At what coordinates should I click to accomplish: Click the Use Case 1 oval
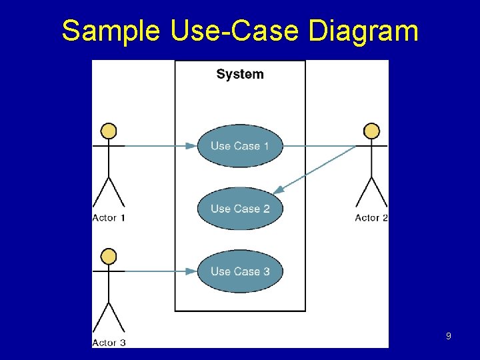point(240,146)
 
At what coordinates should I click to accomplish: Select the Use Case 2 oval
point(240,209)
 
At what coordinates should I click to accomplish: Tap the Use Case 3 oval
point(240,271)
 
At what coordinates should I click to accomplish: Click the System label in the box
point(240,74)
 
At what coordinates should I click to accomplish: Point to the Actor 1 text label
point(109,218)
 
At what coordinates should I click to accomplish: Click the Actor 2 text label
point(371,218)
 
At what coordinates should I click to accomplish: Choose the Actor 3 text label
point(109,343)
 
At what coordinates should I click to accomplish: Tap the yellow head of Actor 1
point(109,131)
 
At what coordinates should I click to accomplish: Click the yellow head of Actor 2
point(372,131)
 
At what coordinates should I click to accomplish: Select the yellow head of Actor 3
point(109,256)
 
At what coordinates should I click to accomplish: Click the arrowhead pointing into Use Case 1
point(191,145)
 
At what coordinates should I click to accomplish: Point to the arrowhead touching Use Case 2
point(278,190)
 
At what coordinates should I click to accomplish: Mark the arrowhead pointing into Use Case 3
point(191,271)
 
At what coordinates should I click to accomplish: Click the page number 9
point(448,337)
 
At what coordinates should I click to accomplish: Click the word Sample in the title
point(111,31)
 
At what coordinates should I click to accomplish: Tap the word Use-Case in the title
point(219,31)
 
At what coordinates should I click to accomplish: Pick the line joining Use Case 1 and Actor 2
point(320,145)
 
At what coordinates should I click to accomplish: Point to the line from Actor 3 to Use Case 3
point(153,271)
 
